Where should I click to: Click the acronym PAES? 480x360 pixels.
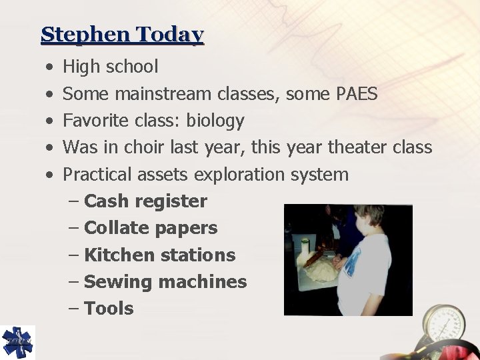[x=353, y=94]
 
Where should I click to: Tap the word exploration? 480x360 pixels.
[x=241, y=175]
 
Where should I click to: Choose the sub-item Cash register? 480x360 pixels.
[x=146, y=201]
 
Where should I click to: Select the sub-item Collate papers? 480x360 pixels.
[x=151, y=228]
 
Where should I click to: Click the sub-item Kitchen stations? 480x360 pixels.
[x=160, y=255]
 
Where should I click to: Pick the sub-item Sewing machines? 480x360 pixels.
[x=165, y=281]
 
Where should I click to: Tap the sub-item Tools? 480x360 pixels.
[x=109, y=308]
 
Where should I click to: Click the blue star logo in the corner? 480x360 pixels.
[x=17, y=342]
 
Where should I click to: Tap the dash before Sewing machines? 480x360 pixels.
[x=75, y=281]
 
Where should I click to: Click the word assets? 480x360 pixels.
[x=164, y=175]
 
